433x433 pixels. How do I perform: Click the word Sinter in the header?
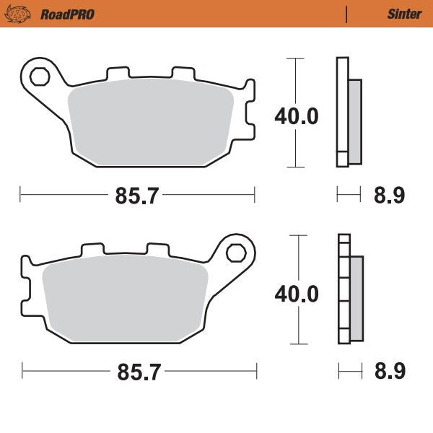click(404, 14)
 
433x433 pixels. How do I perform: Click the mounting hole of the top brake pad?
click(40, 75)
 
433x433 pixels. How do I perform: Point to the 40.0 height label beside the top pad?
click(296, 115)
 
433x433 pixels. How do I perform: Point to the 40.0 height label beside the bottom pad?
click(296, 294)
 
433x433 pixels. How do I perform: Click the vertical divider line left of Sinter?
click(346, 14)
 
